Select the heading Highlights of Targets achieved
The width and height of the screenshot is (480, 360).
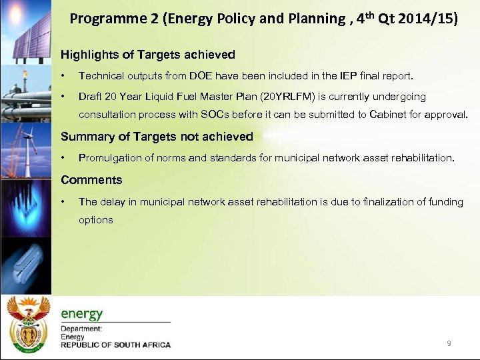[147, 55]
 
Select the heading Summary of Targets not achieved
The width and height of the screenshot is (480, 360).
[157, 137]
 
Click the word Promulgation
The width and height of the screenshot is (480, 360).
[110, 158]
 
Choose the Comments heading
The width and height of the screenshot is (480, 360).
[91, 180]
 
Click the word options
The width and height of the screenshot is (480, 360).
[96, 219]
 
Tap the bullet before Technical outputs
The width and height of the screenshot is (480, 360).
[63, 76]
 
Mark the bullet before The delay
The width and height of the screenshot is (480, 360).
[63, 202]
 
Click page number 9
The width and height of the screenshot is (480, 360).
[449, 343]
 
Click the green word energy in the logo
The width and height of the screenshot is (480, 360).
[82, 313]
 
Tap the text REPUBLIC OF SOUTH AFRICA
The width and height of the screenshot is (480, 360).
[115, 345]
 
